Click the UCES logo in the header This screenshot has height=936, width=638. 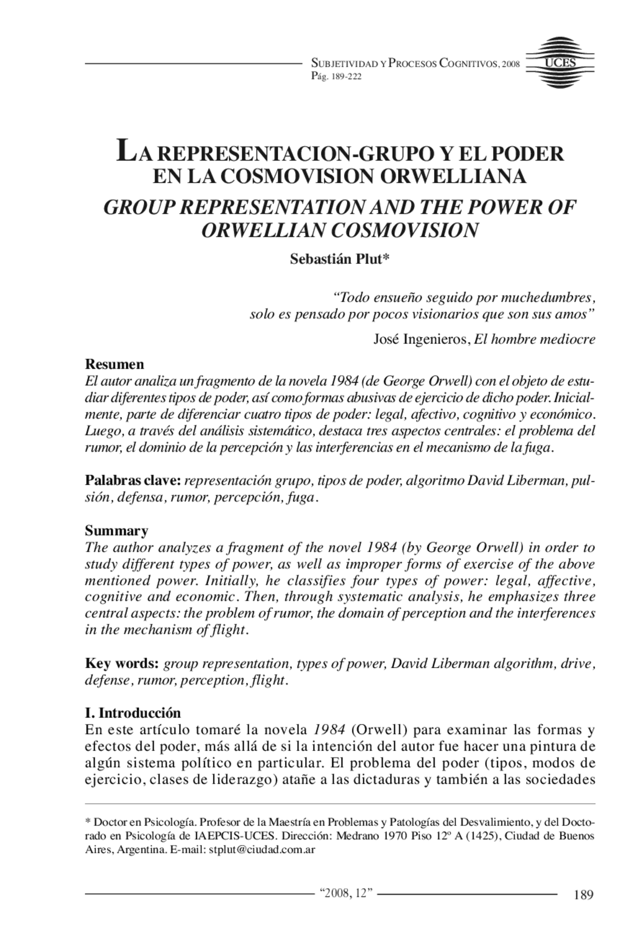560,63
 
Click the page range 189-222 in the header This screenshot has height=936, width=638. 344,77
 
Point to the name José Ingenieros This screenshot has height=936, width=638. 420,340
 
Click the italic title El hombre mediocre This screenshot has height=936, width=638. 534,340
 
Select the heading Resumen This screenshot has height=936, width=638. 114,364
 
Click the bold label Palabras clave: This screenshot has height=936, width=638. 133,481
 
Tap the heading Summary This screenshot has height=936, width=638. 116,530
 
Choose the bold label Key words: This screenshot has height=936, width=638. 122,664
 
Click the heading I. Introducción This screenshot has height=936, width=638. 133,713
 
